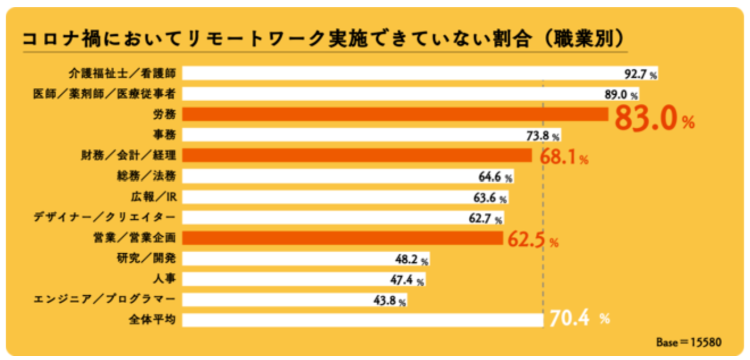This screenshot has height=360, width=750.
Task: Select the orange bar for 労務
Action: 395,114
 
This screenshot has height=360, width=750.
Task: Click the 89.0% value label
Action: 622,94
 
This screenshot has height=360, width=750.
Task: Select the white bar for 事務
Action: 352,135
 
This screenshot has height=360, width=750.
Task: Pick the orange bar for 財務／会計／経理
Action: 357,155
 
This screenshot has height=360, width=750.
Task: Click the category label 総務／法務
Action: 145,176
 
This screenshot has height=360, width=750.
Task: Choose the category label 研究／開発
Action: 145,258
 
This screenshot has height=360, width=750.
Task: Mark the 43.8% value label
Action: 389,301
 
